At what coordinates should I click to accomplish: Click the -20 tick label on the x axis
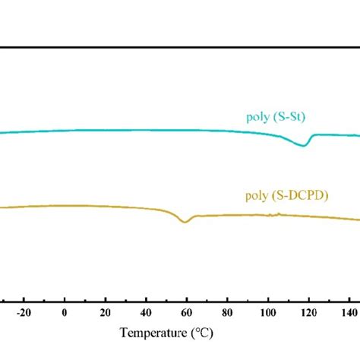23,313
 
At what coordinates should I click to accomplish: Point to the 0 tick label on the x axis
65,313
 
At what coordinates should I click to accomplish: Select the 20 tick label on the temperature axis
106,313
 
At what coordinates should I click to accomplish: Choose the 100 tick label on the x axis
267,313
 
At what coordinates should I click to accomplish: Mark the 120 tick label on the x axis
308,313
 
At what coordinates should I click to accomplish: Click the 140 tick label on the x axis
348,313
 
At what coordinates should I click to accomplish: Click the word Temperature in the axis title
153,333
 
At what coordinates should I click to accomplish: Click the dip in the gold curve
184,221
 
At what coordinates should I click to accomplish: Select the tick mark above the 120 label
308,301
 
